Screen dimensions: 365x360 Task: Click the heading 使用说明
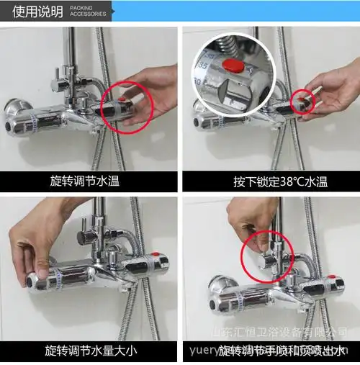pyautogui.click(x=37, y=12)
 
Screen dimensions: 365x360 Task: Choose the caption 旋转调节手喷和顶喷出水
pyautogui.click(x=288, y=351)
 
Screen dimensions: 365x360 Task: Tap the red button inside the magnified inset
pyautogui.click(x=231, y=66)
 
